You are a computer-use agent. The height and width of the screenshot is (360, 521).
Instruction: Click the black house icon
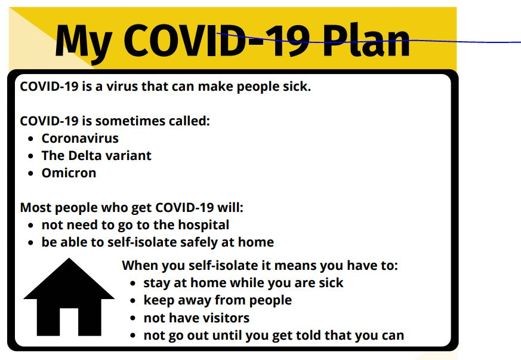pos(69,297)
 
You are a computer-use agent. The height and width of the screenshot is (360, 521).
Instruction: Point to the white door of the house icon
pos(69,322)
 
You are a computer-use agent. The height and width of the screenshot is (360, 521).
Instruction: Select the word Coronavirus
pos(80,139)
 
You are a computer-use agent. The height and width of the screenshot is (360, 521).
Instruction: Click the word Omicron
pos(69,173)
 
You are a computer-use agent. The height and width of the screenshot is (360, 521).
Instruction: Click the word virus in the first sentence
pos(122,87)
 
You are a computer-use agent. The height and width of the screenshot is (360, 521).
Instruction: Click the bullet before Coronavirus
pos(31,139)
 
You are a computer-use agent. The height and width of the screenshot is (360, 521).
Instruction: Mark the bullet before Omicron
pos(31,174)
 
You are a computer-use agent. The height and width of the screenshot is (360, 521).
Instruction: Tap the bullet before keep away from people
pos(133,301)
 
